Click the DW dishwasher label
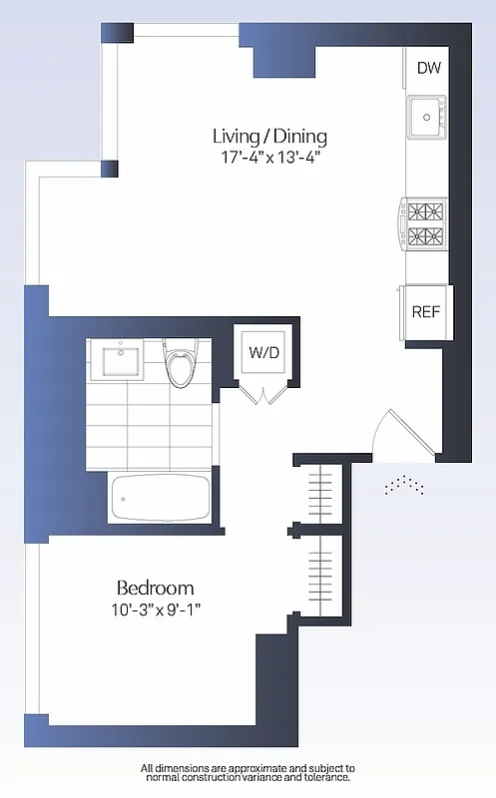click(428, 68)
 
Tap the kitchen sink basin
click(426, 116)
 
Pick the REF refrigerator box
click(426, 311)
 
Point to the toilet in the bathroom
click(181, 365)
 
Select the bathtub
click(161, 497)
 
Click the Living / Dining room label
click(269, 137)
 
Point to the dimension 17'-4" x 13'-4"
click(269, 158)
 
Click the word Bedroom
click(155, 588)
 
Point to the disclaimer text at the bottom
click(247, 773)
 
